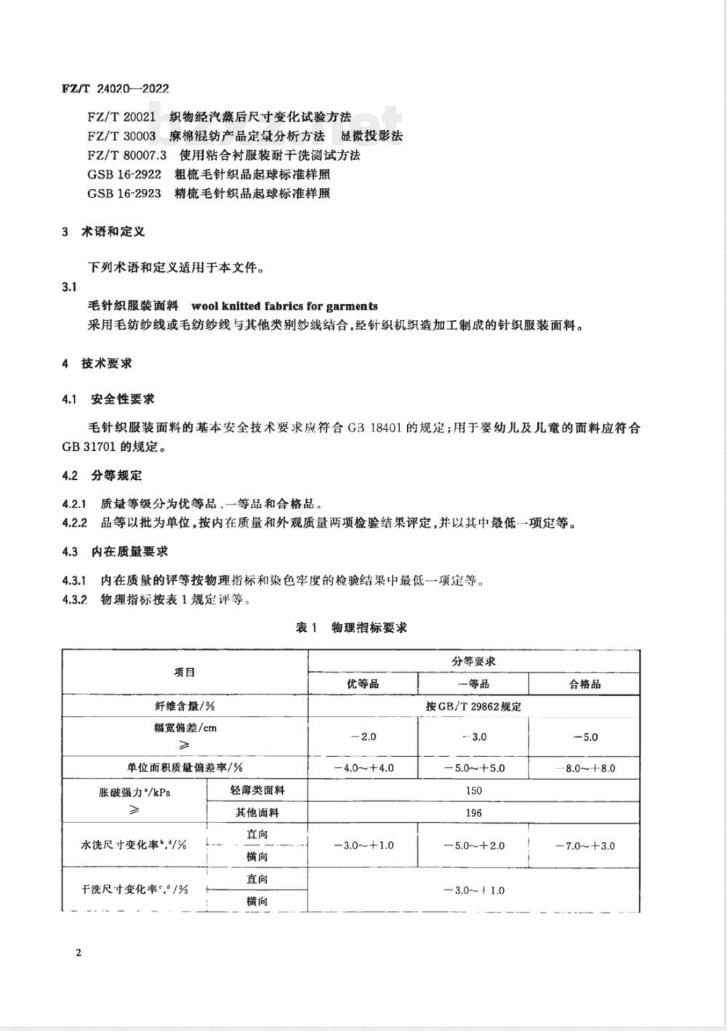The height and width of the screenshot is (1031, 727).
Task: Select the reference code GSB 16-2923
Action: (124, 193)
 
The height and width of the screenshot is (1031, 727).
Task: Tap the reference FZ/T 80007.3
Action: (127, 155)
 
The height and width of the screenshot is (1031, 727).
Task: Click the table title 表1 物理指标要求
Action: (351, 627)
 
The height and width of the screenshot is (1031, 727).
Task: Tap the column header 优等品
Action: (363, 684)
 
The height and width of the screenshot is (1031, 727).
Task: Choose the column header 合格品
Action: (585, 684)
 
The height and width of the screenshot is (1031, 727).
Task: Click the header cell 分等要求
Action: (474, 662)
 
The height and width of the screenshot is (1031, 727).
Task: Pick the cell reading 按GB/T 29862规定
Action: (474, 706)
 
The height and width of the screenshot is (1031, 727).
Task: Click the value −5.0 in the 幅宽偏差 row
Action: (585, 737)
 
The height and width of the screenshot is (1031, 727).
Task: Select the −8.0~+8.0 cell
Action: (585, 768)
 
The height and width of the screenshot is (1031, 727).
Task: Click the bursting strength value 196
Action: (474, 813)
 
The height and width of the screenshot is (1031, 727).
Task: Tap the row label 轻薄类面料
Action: (257, 790)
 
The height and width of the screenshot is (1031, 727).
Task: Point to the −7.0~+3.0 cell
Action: (585, 846)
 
